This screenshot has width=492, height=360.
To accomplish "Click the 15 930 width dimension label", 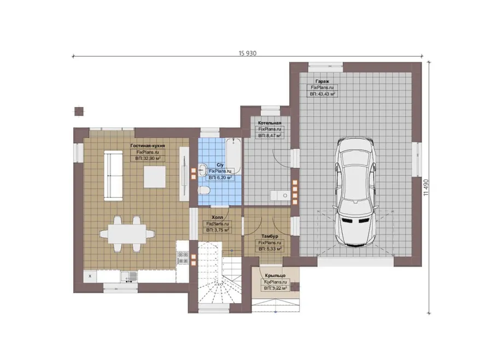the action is tap(247, 54).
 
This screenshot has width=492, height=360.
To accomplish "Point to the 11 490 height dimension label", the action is tap(426, 187).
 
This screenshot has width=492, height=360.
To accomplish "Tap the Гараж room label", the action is tap(322, 81).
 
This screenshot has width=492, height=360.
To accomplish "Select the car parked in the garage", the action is tap(355, 192).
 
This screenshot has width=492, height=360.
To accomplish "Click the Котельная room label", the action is tap(270, 123).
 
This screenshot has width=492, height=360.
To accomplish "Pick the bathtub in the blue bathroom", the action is tap(233, 156).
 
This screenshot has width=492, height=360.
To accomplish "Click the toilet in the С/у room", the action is tap(204, 190).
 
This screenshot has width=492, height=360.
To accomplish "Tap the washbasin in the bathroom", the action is tap(202, 169).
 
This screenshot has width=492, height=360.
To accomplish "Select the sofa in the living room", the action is tap(113, 175).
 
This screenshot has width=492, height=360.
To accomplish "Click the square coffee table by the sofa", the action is tap(155, 177).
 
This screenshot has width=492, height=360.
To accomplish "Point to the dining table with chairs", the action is tap(127, 234).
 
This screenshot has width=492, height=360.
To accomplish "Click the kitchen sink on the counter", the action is tap(129, 276).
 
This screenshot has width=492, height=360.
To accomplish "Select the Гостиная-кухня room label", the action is tap(148, 146).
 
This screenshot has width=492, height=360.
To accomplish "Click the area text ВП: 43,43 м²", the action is tap(323, 94).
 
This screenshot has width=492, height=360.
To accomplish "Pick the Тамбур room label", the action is tap(270, 236).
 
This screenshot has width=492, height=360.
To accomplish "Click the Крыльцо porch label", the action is tap(275, 276).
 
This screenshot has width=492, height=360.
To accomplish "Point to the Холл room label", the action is tap(217, 217).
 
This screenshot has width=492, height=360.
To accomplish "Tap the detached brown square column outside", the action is tap(79, 111).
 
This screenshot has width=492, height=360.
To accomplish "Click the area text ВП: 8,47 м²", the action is tap(270, 136).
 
